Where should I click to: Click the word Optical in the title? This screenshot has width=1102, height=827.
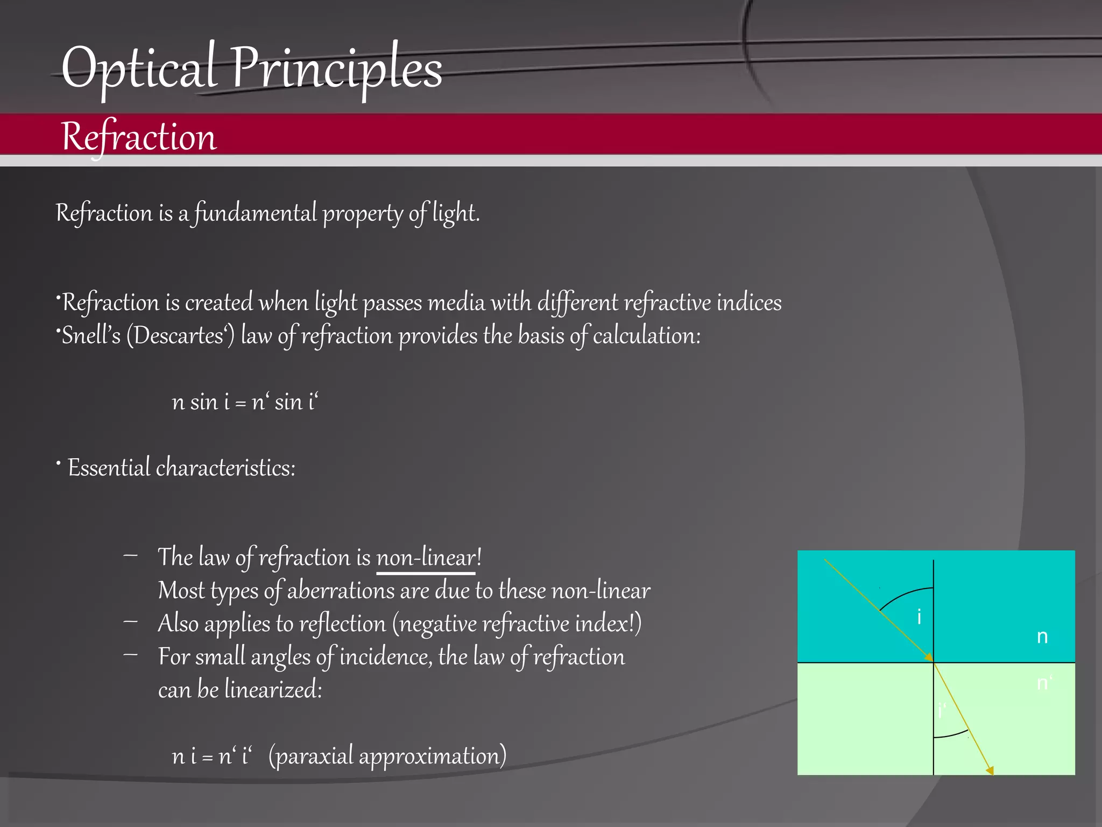[139, 69]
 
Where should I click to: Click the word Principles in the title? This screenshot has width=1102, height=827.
[337, 69]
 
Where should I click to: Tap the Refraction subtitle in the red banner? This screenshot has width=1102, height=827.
[139, 137]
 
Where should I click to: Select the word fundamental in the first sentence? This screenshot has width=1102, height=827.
[256, 213]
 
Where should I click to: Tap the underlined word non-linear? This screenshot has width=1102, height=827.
[426, 557]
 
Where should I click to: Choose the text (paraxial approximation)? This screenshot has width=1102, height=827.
[387, 756]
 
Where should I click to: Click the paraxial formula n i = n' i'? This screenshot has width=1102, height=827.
[212, 756]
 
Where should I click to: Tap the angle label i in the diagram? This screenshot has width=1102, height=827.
[919, 617]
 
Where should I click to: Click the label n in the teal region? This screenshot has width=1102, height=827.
[1042, 637]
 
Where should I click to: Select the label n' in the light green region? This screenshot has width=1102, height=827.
[1044, 683]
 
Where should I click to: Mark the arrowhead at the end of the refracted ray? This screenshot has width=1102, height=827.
[990, 770]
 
